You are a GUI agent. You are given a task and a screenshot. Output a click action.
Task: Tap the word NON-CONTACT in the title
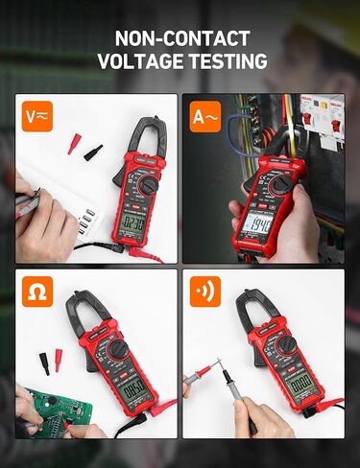click(x=181, y=38)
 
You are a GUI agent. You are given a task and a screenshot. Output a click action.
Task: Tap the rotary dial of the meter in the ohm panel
click(x=118, y=350)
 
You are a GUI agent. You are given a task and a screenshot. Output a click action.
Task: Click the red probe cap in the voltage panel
click(x=73, y=144)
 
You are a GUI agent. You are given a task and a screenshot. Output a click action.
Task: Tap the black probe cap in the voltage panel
click(x=92, y=152)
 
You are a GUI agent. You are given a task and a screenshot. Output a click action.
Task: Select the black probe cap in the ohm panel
click(x=44, y=363)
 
